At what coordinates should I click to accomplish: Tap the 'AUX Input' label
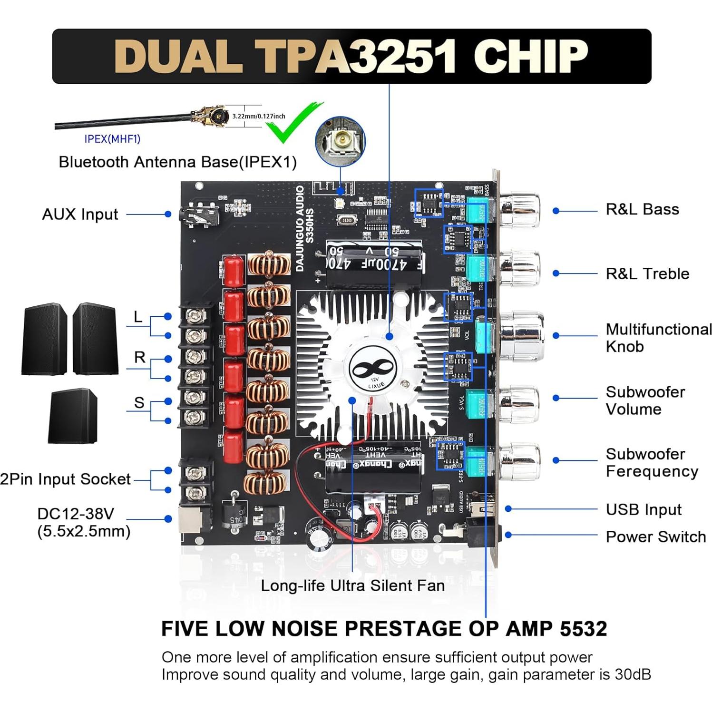80,214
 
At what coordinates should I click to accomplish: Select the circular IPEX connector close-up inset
340,141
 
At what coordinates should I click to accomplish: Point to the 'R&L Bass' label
642,209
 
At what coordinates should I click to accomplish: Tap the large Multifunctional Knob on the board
521,336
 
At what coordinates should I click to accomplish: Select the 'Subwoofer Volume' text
644,400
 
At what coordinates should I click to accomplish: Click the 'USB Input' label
643,509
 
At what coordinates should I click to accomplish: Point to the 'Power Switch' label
655,536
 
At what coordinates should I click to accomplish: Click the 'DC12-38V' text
76,514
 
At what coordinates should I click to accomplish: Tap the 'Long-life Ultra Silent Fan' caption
352,585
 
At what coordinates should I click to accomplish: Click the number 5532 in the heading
583,629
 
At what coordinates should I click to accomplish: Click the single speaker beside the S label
73,416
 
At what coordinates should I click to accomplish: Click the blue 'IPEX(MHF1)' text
112,139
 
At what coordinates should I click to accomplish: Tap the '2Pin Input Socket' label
65,479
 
